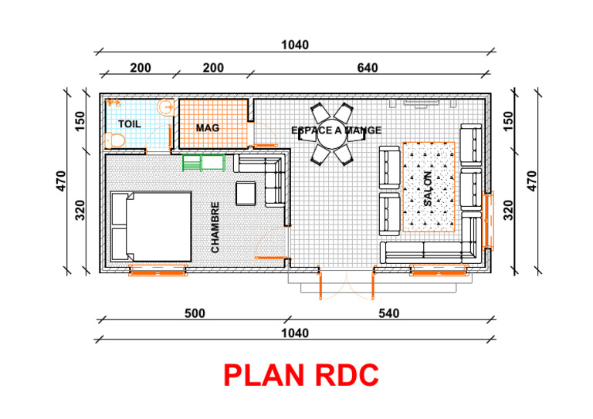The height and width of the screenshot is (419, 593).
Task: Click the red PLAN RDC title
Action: pyautogui.click(x=301, y=375)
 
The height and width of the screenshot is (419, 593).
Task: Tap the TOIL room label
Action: pyautogui.click(x=130, y=123)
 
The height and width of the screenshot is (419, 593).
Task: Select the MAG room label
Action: pyautogui.click(x=208, y=127)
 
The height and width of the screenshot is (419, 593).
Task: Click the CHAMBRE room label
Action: pyautogui.click(x=215, y=228)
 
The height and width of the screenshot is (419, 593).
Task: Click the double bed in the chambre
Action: pyautogui.click(x=151, y=227)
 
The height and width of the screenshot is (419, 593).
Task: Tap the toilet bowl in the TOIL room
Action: pyautogui.click(x=114, y=140)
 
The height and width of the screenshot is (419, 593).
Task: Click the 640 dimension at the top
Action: pyautogui.click(x=368, y=68)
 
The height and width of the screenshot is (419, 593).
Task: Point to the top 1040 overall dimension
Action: pyautogui.click(x=295, y=46)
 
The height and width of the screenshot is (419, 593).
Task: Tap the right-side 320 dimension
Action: pyautogui.click(x=508, y=209)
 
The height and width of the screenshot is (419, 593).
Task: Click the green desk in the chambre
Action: pyautogui.click(x=203, y=162)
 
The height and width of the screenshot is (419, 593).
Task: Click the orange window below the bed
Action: pyautogui.click(x=158, y=270)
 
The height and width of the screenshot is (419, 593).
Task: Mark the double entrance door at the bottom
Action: pyautogui.click(x=347, y=282)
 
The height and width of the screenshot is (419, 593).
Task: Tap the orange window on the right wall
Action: pyautogui.click(x=488, y=221)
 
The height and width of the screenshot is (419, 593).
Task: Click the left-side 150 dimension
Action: pyautogui.click(x=80, y=121)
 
